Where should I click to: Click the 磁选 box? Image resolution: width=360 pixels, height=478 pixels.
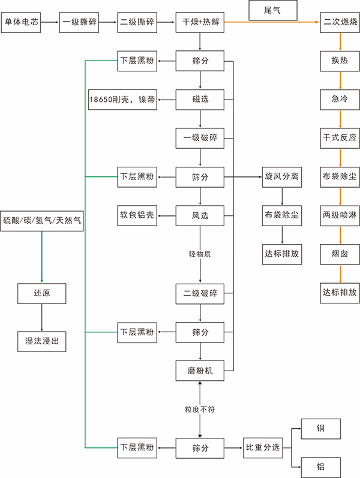coord(200,99)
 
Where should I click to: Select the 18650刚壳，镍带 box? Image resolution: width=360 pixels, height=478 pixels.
coord(122,99)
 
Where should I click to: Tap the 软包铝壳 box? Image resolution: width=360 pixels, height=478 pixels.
coord(137,215)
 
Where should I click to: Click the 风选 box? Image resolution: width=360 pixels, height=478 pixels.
coord(200,215)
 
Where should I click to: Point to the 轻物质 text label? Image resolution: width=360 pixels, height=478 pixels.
coord(200,254)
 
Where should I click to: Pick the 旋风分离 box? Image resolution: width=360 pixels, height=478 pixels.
coord(282,177)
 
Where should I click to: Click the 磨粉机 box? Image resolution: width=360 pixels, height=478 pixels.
coord(200,370)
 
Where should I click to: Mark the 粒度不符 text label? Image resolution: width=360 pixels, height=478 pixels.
coord(200,409)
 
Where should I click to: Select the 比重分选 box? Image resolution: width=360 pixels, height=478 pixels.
coord(263,447)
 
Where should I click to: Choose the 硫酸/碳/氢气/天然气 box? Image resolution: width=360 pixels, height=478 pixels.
coord(42,221)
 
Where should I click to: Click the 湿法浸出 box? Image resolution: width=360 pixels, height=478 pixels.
coord(42,341)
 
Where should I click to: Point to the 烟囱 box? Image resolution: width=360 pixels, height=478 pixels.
coord(340,254)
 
